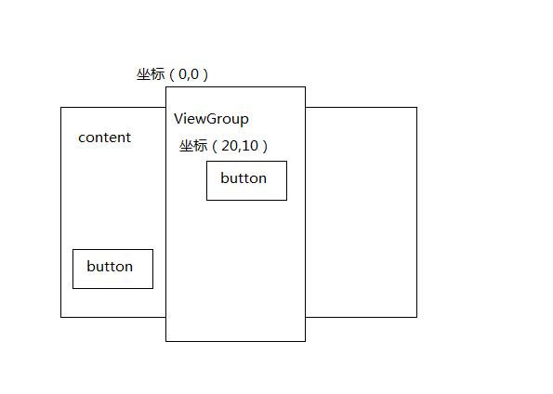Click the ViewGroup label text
click(x=211, y=119)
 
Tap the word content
click(x=104, y=138)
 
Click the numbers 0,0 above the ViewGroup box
click(x=189, y=74)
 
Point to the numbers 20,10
click(x=240, y=146)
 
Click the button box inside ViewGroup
click(x=246, y=180)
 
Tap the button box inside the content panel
click(x=112, y=269)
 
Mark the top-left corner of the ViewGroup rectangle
click(x=165, y=86)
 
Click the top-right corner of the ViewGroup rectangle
click(x=306, y=86)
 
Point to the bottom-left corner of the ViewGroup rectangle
click(x=165, y=341)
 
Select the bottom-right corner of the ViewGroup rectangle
click(x=306, y=341)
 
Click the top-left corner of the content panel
click(x=61, y=107)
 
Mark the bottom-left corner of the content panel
click(x=61, y=318)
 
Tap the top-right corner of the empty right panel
click(x=417, y=107)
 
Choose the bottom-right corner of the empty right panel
click(x=417, y=318)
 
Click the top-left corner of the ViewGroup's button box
click(x=206, y=161)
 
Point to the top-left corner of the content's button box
click(x=73, y=249)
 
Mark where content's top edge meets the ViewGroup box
click(x=165, y=107)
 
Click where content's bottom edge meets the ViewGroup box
click(x=165, y=318)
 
